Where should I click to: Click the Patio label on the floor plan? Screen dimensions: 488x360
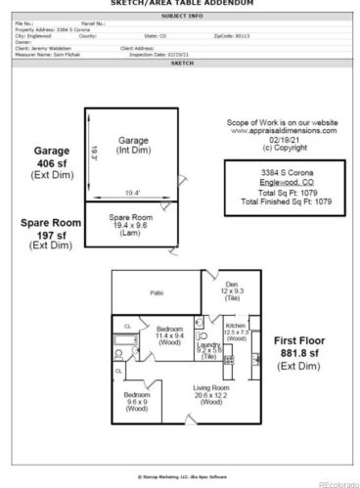click(156, 292)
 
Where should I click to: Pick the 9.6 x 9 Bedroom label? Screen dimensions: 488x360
click(137, 401)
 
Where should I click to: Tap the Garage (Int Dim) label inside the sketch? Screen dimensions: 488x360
click(133, 146)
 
